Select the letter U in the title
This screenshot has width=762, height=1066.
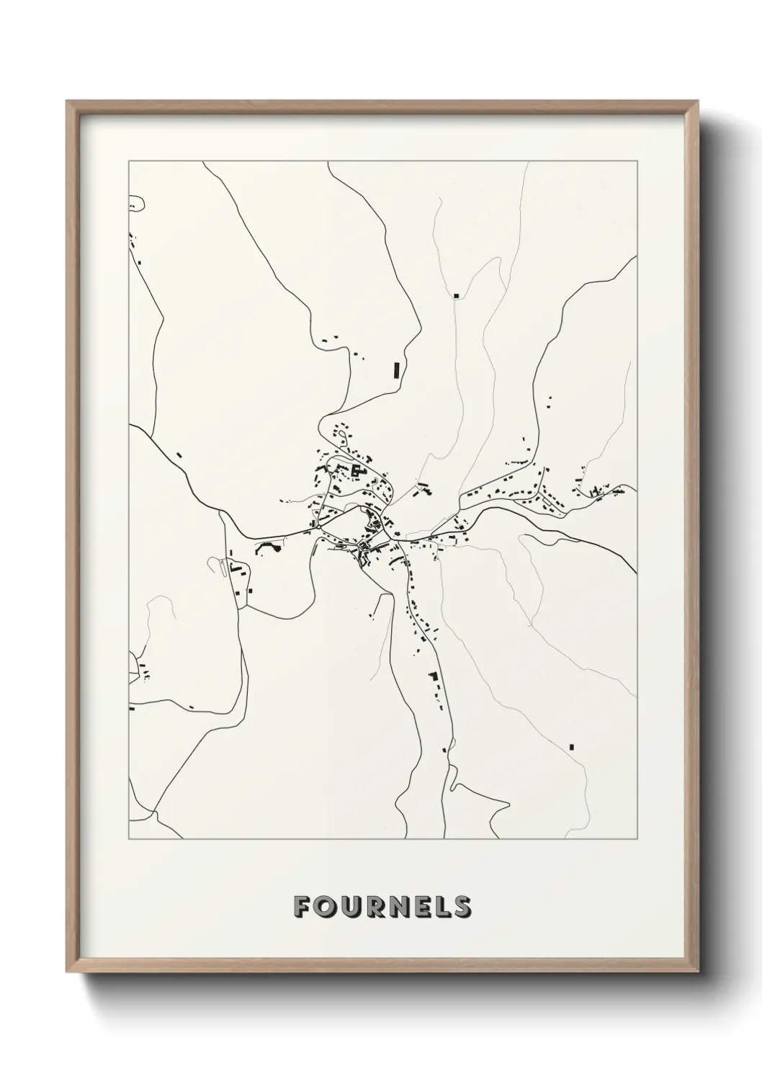350,907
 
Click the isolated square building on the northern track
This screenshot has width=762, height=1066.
456,295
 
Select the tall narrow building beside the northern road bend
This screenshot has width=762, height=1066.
396,369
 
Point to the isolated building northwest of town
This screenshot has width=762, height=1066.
179,454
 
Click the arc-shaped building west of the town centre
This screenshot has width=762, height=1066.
266,548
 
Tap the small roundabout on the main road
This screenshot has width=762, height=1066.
318,527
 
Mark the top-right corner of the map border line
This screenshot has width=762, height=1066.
636,161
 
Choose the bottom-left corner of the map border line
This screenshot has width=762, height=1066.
128,839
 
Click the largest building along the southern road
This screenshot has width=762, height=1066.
433,676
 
